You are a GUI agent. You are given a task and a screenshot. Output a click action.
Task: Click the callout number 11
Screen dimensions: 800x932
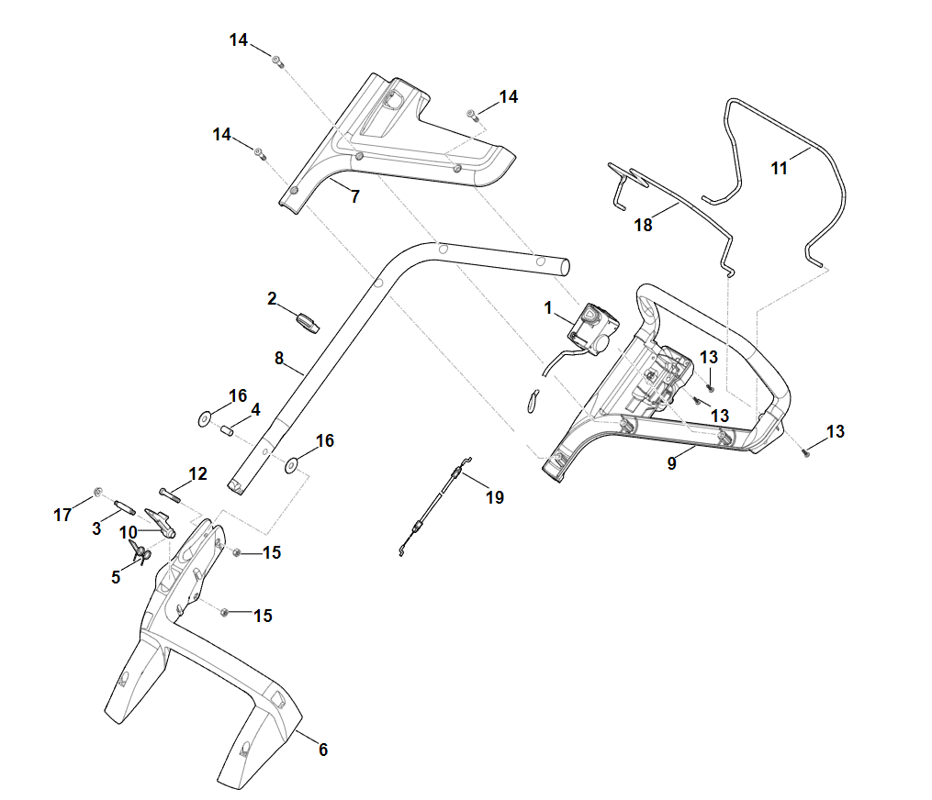[780, 169]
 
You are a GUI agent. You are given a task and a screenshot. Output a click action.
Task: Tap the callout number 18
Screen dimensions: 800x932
[644, 225]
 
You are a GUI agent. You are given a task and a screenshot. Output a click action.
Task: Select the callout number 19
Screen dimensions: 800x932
[495, 498]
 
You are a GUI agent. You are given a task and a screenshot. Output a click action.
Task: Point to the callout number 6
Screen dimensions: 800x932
[322, 750]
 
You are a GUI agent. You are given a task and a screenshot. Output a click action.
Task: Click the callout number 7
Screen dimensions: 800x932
[355, 196]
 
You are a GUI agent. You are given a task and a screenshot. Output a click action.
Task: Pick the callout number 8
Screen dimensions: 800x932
[279, 359]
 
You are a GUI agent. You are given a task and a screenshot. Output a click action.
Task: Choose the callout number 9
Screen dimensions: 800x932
[671, 464]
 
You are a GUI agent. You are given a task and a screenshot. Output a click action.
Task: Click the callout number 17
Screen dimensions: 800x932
[62, 516]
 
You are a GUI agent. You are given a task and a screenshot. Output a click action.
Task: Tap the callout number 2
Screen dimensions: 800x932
[272, 298]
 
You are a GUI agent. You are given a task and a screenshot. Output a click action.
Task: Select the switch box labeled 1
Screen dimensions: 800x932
[592, 328]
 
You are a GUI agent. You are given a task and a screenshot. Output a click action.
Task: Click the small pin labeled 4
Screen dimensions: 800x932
[227, 428]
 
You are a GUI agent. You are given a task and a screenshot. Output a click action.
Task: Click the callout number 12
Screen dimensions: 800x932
[198, 474]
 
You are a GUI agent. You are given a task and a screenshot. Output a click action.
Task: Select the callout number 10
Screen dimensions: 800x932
[128, 532]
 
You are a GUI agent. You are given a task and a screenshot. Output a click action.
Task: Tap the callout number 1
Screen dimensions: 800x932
[549, 308]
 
